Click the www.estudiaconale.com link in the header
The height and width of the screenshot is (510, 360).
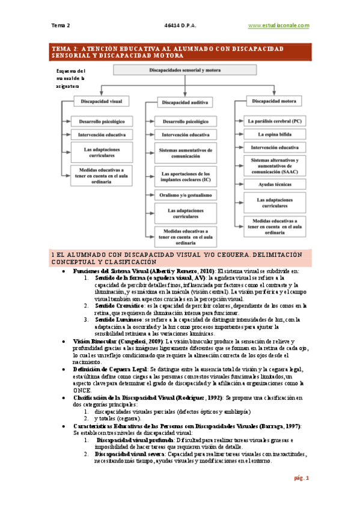tap(278, 25)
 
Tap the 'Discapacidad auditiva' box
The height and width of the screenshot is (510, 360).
tap(183, 103)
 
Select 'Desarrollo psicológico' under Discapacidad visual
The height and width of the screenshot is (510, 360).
tap(97, 121)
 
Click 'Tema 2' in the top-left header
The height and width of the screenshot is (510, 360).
tap(61, 25)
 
